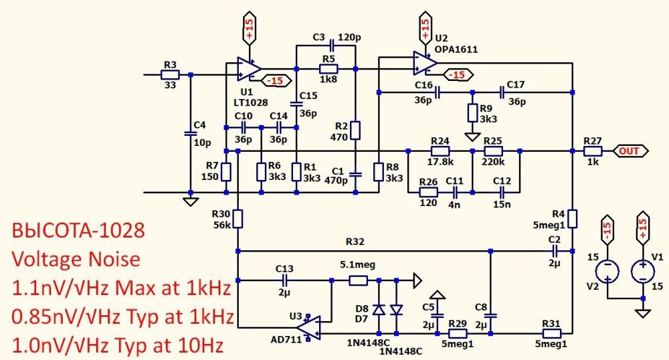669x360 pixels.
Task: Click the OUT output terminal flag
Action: pos(631,151)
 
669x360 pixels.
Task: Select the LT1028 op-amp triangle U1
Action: pos(250,69)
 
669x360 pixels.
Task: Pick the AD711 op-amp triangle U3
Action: pos(308,328)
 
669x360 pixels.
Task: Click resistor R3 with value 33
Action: pos(170,75)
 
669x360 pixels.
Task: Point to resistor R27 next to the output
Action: pos(593,151)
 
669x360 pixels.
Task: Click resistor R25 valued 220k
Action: pos(493,151)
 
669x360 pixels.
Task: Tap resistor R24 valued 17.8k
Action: pos(440,151)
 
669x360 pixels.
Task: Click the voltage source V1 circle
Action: pos(643,271)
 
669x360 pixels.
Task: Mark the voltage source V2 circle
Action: pos(607,271)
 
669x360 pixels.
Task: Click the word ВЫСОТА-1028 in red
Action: pos(78,231)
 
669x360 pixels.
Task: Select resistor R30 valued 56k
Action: pos(238,218)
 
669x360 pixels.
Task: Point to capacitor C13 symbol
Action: pos(284,280)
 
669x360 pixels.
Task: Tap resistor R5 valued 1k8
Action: pos(328,69)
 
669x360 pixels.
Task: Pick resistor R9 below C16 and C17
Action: pos(472,112)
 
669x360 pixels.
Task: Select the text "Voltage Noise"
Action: pos(76,260)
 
